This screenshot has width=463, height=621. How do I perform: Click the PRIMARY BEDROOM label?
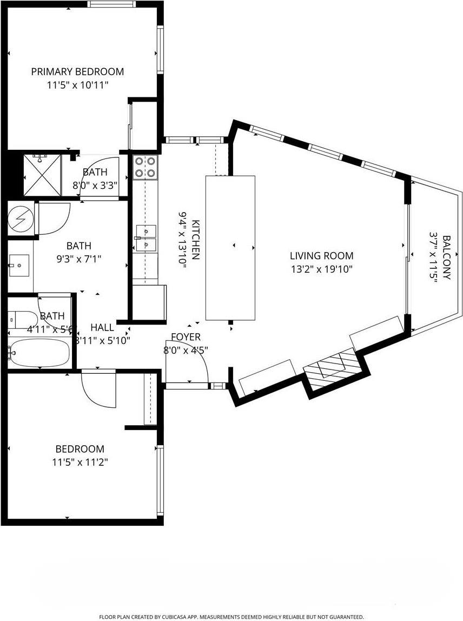point(77,71)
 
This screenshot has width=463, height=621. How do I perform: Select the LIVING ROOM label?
point(321,256)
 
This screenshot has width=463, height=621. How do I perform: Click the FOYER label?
point(186,336)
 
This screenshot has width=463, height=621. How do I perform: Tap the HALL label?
point(102,327)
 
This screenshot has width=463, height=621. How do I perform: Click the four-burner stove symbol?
point(145,167)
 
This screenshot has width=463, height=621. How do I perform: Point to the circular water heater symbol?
point(21,219)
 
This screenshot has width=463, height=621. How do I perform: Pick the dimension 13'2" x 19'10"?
point(321,269)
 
